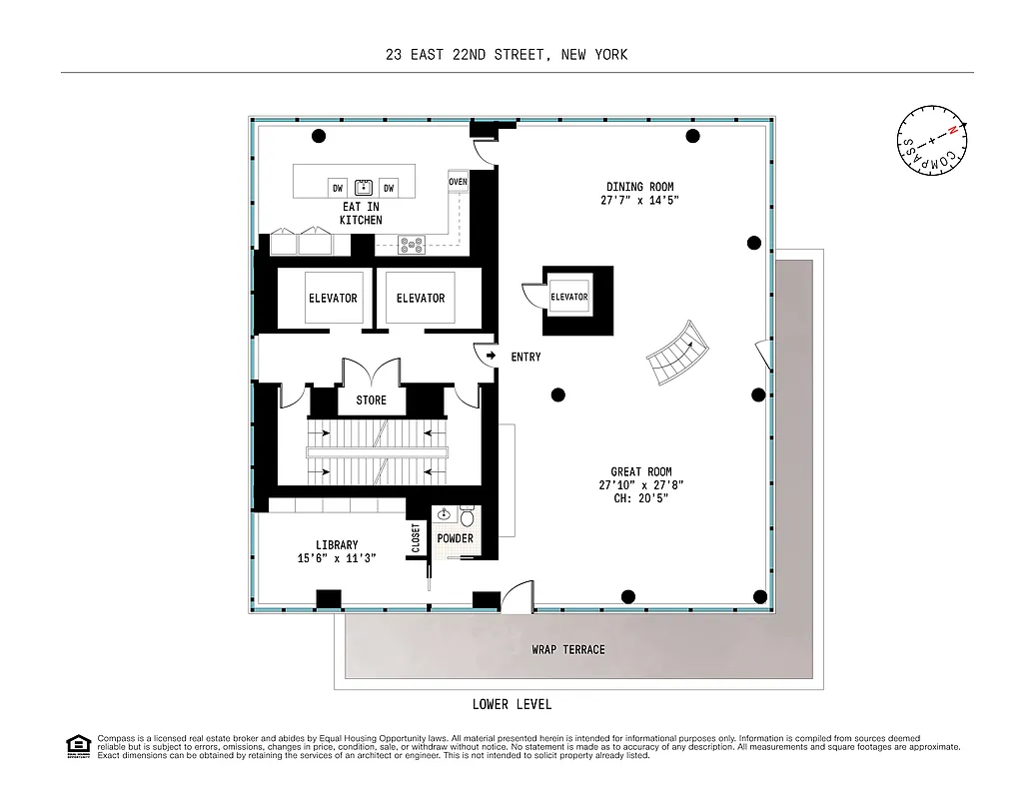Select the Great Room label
[x=640, y=485]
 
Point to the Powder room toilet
[x=468, y=518]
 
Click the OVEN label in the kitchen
[x=459, y=182]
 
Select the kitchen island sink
[x=364, y=187]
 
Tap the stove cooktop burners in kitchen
[x=412, y=244]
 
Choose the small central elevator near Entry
[x=568, y=298]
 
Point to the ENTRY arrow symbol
[x=492, y=356]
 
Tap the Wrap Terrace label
[x=568, y=649]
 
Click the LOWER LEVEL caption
[x=512, y=705]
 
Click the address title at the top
[x=507, y=55]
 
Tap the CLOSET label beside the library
[x=417, y=538]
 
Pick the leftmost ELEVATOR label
[x=333, y=298]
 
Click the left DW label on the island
[x=338, y=188]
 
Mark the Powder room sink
[x=445, y=515]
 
